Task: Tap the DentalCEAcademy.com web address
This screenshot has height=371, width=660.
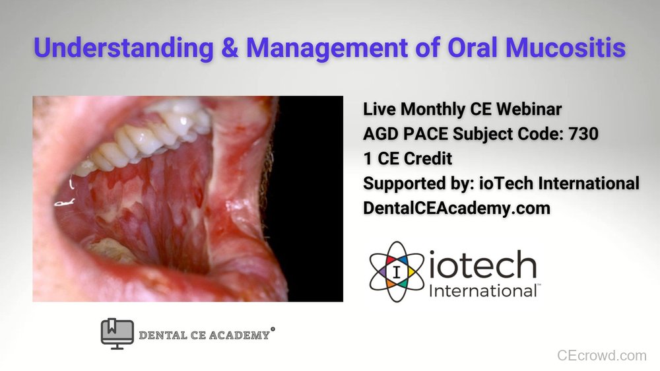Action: [x=457, y=208]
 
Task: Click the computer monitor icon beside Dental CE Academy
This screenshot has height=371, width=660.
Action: [x=117, y=334]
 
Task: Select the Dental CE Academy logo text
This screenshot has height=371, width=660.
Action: [x=205, y=335]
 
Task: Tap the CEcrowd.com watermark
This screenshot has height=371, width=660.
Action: [x=601, y=356]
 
